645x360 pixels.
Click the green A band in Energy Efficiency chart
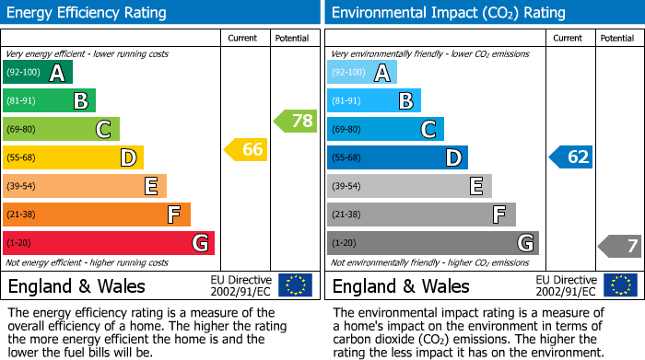click(x=37, y=73)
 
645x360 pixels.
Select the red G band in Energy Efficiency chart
click(x=108, y=243)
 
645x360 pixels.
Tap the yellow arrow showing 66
click(x=247, y=149)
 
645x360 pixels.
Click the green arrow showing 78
click(x=296, y=121)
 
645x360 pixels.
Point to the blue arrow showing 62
click(x=571, y=157)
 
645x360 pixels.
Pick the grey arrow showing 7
click(x=621, y=246)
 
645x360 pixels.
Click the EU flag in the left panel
click(x=295, y=285)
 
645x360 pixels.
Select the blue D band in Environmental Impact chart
click(x=396, y=157)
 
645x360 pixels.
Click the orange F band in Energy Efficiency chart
click(x=96, y=215)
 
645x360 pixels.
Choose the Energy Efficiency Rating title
click(x=87, y=13)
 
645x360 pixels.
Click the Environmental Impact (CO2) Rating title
click(x=448, y=13)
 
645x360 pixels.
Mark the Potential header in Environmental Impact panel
click(x=618, y=38)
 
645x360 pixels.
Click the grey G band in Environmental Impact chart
click(x=432, y=243)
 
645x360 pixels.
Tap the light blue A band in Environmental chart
click(x=361, y=73)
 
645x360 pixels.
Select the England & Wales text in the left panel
click(x=73, y=285)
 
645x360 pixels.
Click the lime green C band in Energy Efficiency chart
click(x=61, y=129)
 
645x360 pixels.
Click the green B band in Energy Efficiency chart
click(x=49, y=100)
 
